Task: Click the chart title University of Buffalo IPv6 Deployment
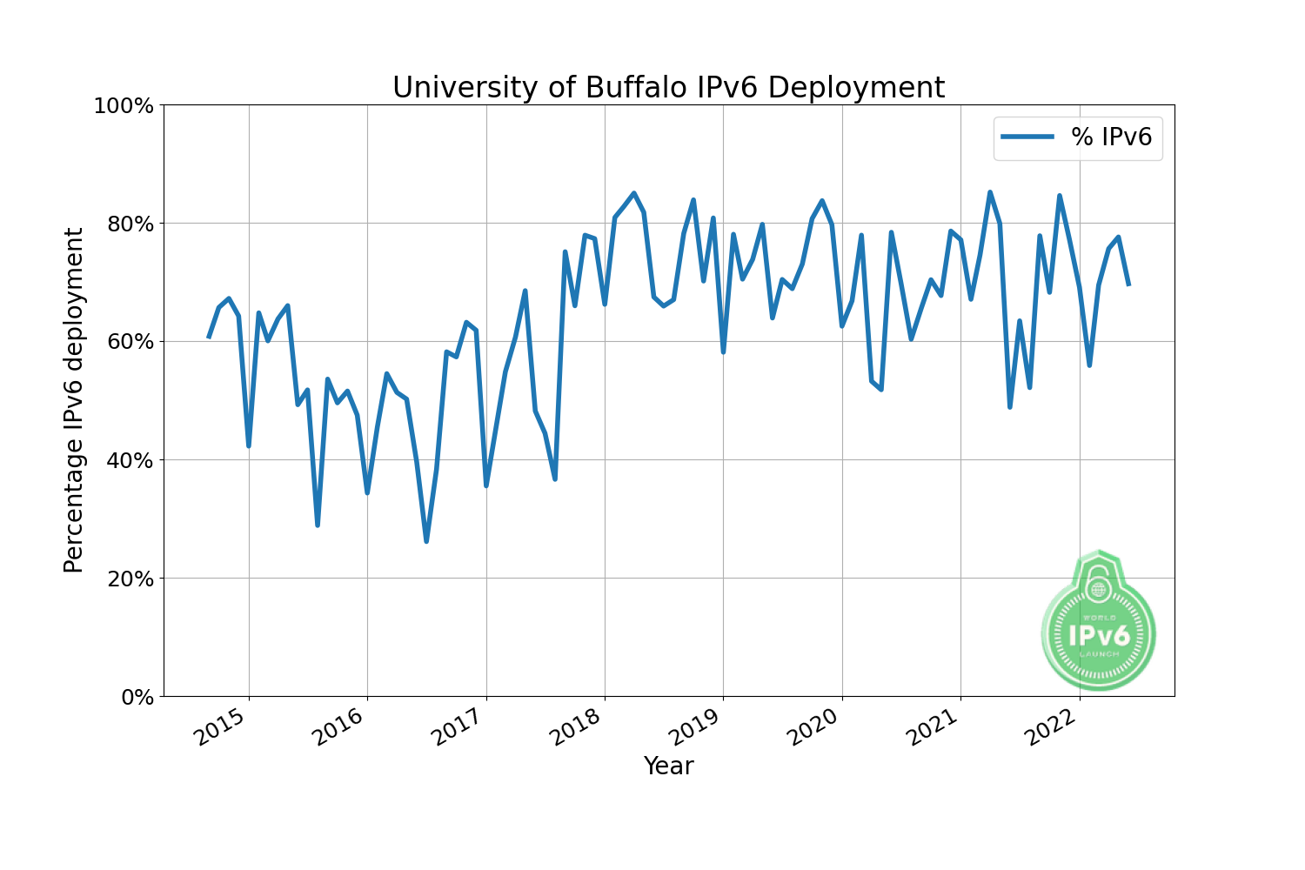point(668,88)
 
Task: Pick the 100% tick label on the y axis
point(123,106)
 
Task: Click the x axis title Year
point(668,766)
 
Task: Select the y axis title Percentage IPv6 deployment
point(75,400)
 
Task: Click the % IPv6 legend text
point(1111,137)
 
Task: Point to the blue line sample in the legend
point(1027,137)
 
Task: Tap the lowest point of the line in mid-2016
point(426,541)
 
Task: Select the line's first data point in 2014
point(209,337)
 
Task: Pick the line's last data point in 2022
point(1128,284)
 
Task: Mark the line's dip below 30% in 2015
point(318,525)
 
